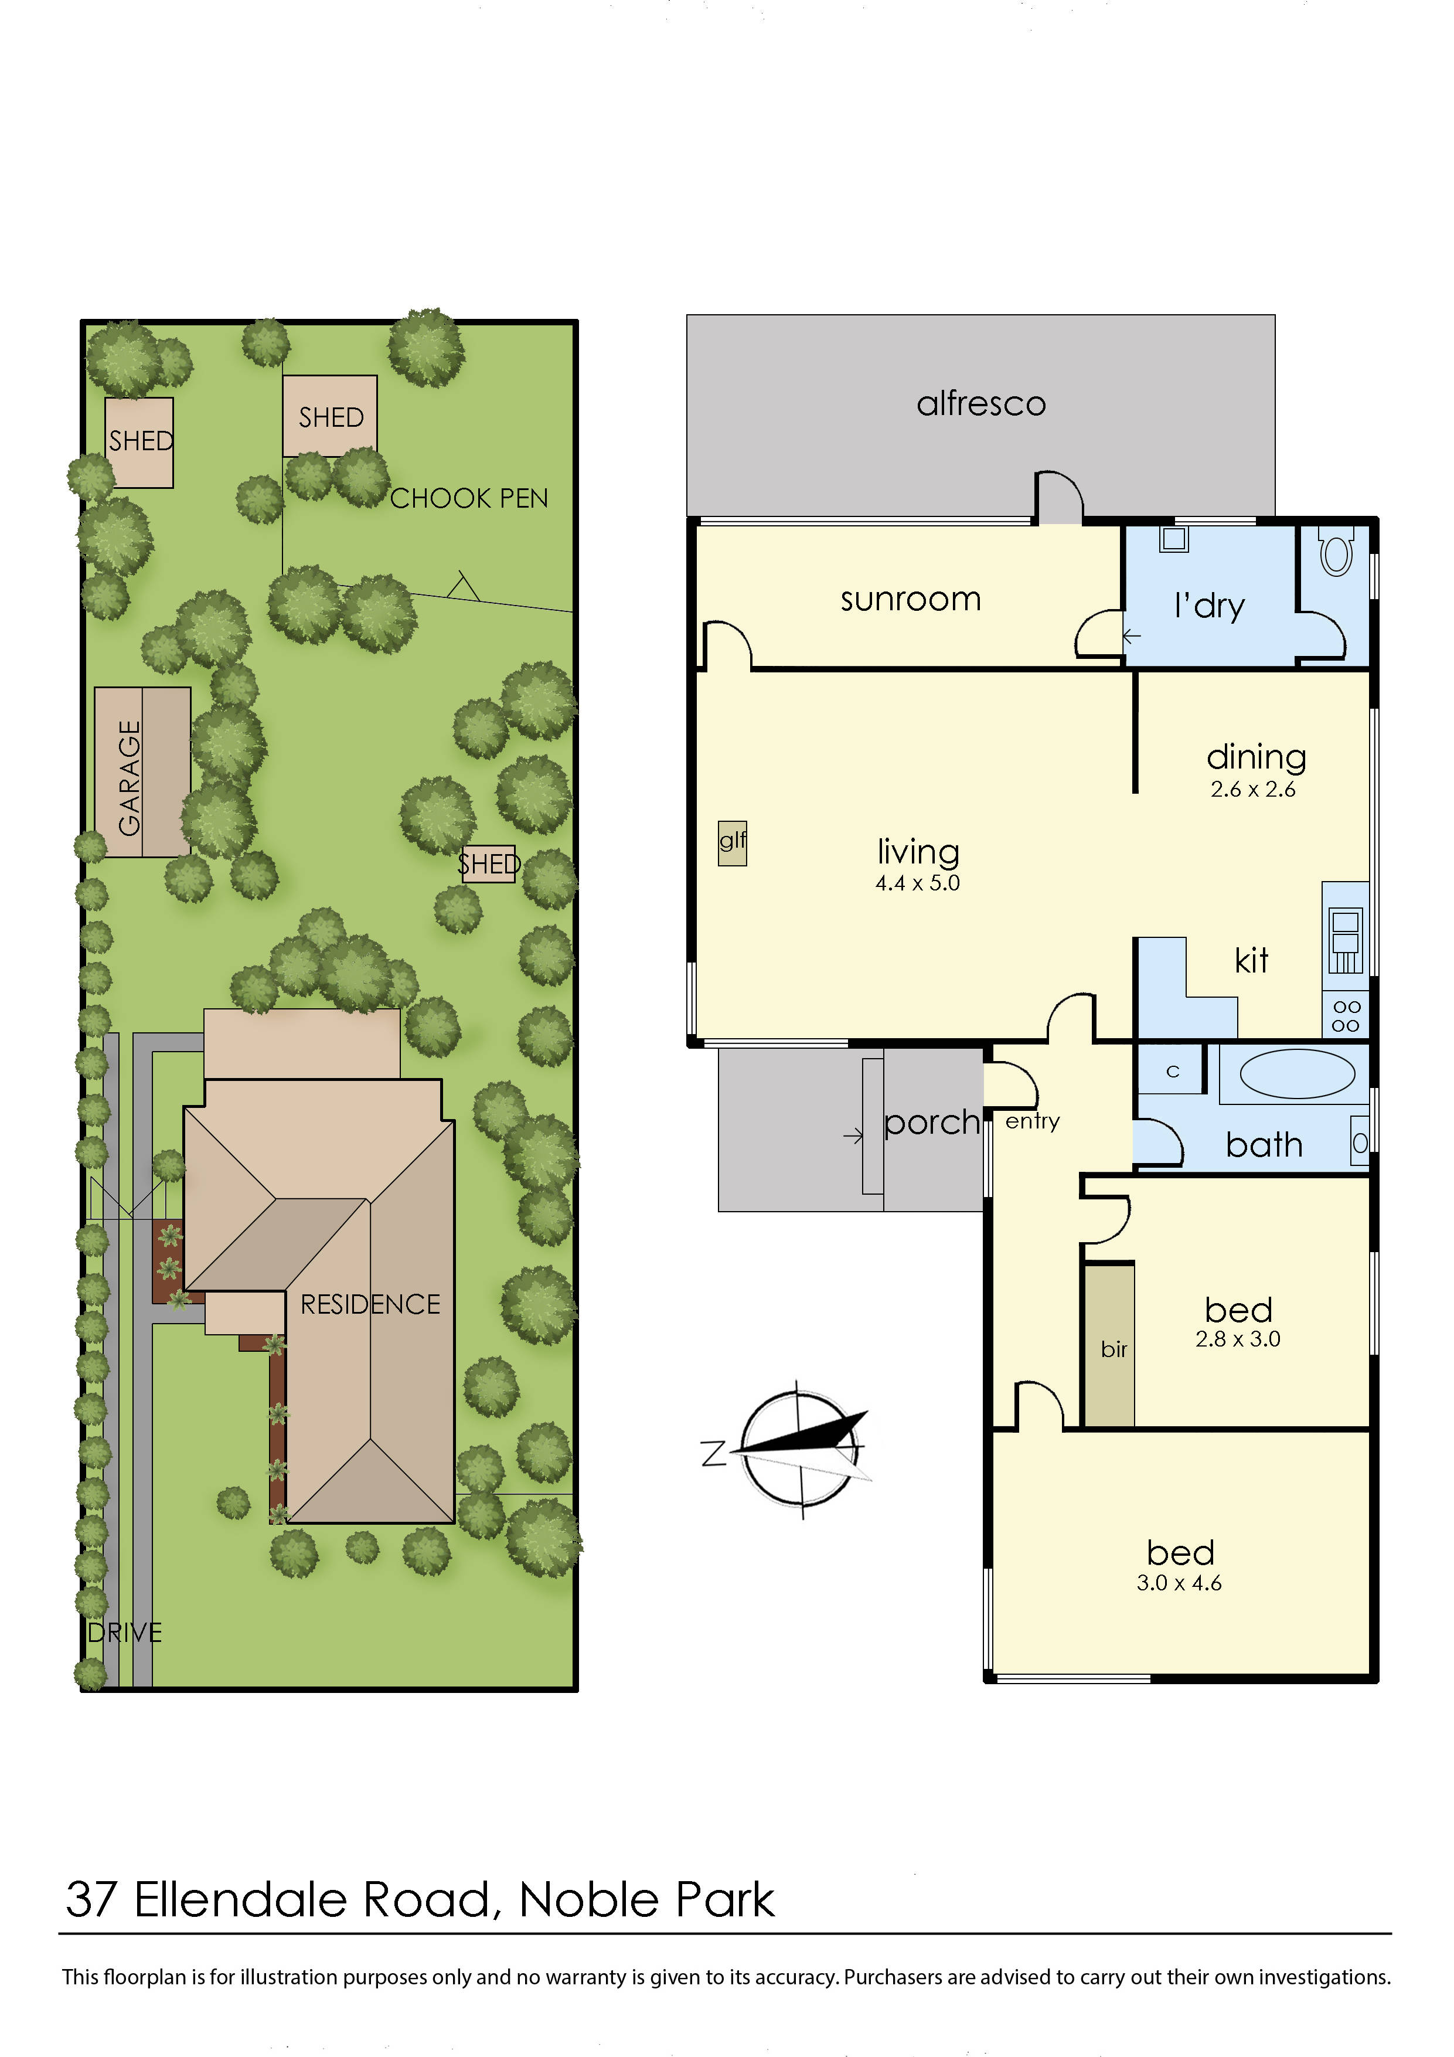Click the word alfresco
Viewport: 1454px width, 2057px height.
981,404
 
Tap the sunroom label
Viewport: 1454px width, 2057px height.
910,599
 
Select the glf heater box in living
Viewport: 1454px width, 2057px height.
732,842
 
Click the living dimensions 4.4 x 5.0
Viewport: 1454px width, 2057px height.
917,883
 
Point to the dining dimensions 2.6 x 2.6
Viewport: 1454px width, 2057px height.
1252,789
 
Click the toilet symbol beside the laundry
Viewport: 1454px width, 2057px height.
1336,551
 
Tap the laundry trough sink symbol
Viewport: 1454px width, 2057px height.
1174,539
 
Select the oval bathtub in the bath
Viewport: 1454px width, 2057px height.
1297,1073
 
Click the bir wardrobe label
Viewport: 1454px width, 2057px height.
1114,1350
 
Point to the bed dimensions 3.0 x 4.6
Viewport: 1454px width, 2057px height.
1179,1583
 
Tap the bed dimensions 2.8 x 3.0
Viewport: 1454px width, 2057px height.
1237,1339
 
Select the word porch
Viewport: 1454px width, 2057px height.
932,1123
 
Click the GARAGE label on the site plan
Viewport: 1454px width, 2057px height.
130,778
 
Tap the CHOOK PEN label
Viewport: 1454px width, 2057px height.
468,498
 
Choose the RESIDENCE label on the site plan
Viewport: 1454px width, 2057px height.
370,1304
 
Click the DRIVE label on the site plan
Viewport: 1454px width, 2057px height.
125,1633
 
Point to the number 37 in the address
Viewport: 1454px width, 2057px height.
91,1901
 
